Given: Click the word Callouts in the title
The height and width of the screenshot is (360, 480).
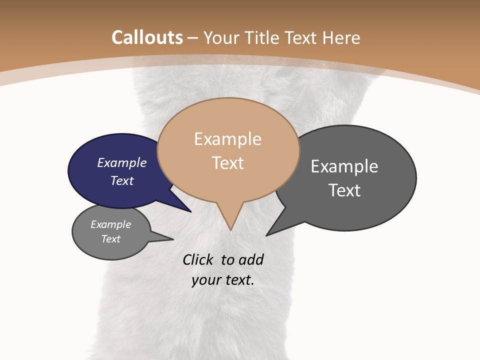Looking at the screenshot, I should tap(147, 37).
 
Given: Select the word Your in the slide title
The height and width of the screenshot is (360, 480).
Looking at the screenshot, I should tap(222, 38).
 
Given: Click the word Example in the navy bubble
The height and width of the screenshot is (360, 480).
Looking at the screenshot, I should tap(122, 163).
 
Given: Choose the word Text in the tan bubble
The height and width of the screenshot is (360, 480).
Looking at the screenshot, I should tap(228, 163).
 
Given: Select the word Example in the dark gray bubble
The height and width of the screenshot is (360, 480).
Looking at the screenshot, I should tap(344, 166).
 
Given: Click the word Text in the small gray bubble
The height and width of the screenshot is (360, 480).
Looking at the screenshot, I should tap(111, 239).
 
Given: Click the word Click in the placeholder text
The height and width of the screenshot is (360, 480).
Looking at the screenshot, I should tap(198, 259).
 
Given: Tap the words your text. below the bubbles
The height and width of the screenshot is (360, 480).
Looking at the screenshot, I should tap(223, 280).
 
